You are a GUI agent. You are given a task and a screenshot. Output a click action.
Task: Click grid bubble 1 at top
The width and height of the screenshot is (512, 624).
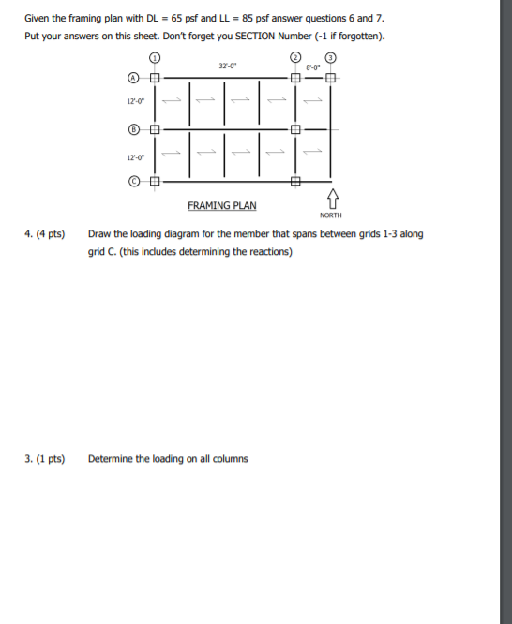pos(156,57)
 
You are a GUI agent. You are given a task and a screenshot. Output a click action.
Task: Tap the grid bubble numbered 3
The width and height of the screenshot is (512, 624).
pos(330,57)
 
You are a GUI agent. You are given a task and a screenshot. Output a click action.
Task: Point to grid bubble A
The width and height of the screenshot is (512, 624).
pos(135,78)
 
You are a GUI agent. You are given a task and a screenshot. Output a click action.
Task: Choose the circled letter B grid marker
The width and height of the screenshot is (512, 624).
pos(135,128)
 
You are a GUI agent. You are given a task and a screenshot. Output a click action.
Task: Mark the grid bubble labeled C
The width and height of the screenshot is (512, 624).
pos(135,180)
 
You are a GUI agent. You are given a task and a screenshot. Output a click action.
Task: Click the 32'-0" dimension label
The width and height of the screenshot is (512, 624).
pos(225,67)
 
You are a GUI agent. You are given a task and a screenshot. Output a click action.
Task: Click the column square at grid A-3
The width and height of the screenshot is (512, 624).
pos(330,78)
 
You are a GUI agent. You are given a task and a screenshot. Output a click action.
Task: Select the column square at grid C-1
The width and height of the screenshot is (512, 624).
pos(156,180)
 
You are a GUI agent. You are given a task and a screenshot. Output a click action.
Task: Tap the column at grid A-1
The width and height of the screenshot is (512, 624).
pos(156,78)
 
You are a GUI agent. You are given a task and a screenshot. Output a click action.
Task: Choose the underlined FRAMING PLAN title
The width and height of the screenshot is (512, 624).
pos(221,205)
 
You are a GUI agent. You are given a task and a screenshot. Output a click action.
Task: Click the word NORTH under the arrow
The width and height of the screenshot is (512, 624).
pos(331,215)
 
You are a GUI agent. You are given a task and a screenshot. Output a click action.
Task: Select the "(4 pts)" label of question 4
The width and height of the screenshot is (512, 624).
pos(50,234)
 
